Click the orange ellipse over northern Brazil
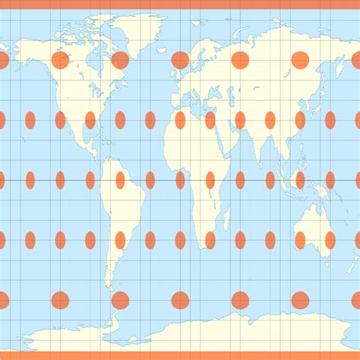pos(120,180)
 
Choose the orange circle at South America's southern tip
pos(120,300)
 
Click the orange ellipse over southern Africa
pos(210,240)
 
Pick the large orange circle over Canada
pos(60,60)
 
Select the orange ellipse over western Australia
pos(300,240)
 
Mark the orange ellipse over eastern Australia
pos(330,240)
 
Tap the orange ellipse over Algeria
pos(180,120)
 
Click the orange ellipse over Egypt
pos(210,120)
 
